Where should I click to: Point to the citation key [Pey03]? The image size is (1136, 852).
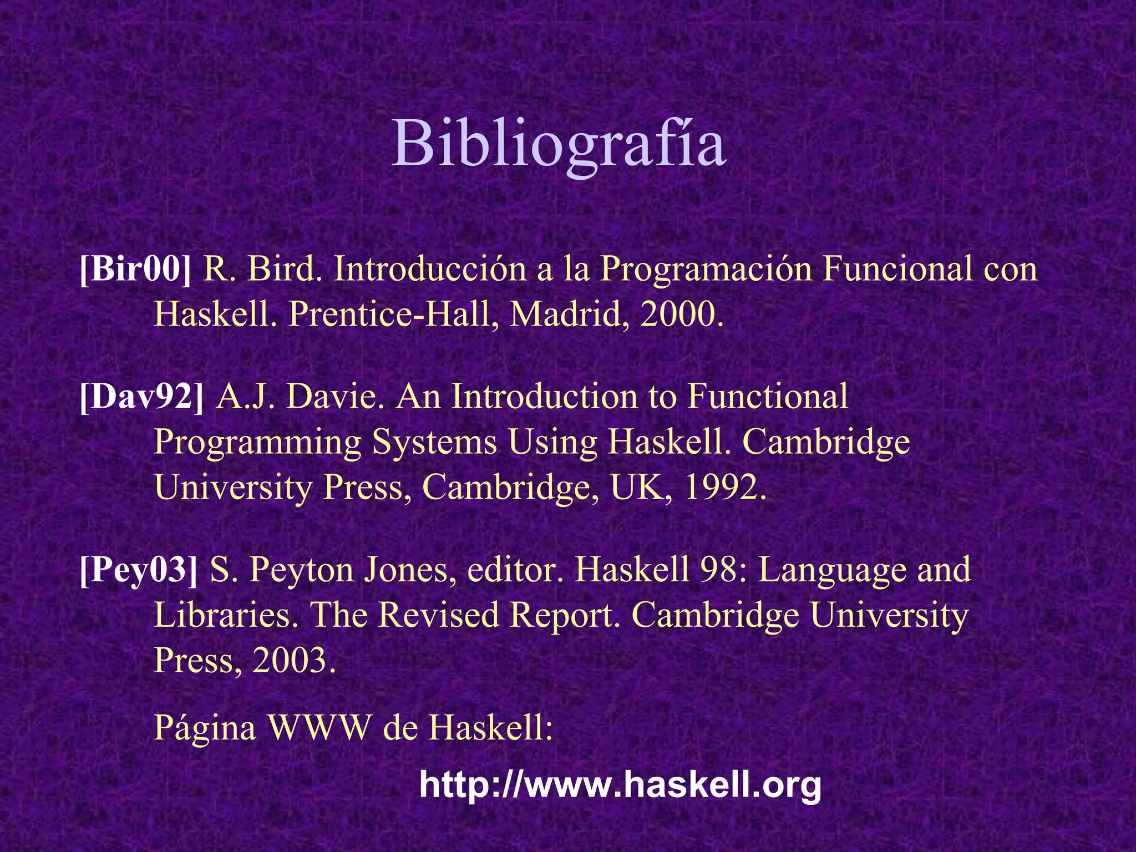[139, 570]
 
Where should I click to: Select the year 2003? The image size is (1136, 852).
[293, 660]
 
